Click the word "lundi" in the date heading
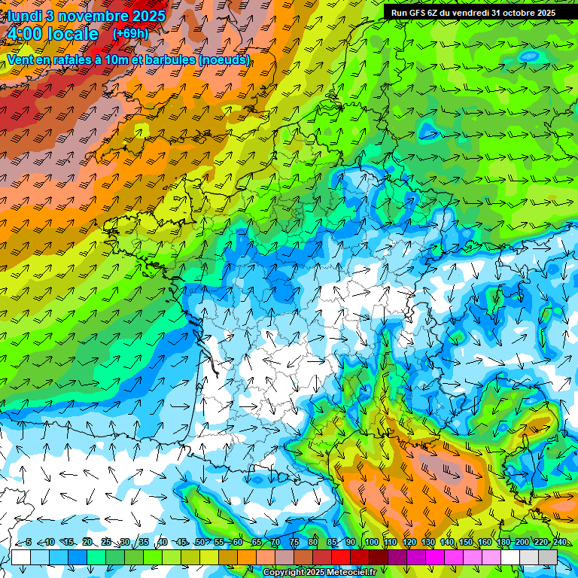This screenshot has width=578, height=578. (25, 16)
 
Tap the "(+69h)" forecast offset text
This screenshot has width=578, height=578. (129, 34)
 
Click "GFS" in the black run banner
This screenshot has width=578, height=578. (417, 13)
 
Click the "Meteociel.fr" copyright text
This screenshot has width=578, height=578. (345, 573)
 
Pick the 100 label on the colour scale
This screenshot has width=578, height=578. (371, 543)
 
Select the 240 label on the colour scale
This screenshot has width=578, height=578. (559, 543)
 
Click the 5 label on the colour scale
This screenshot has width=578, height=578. (29, 543)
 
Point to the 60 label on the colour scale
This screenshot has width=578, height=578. (237, 543)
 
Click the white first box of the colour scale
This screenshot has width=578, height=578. (20, 556)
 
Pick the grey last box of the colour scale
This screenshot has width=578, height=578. (548, 556)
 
